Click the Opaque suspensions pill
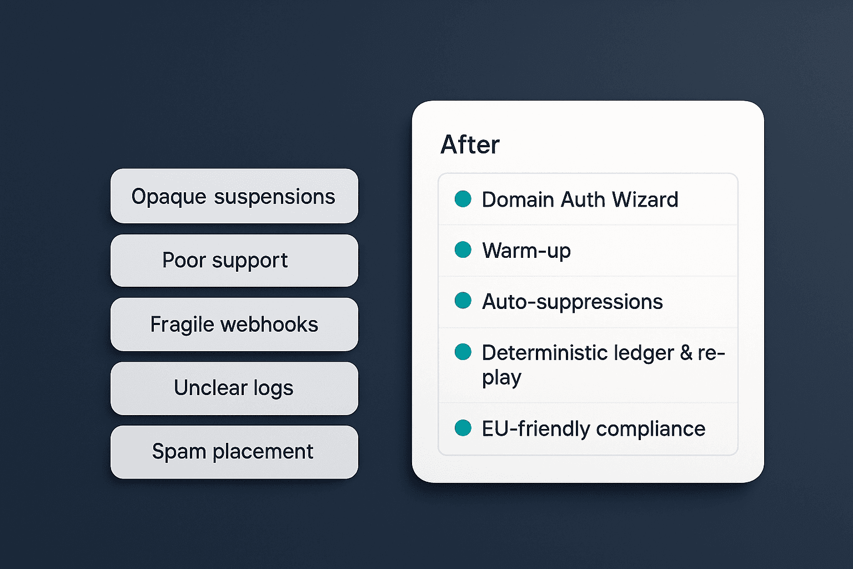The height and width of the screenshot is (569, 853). [234, 196]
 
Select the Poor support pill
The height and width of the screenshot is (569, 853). [234, 260]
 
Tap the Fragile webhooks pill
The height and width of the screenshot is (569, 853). [234, 325]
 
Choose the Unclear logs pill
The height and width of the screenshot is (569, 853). [234, 388]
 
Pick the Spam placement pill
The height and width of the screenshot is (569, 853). [234, 452]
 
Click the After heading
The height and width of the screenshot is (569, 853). [470, 145]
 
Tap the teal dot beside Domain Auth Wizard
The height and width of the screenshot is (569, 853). [463, 199]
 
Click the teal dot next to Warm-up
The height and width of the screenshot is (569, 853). [463, 249]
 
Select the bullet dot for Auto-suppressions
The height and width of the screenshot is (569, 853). [463, 300]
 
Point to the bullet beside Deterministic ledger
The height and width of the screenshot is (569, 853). [463, 351]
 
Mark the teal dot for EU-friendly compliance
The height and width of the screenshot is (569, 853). [463, 428]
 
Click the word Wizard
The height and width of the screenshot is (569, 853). [645, 199]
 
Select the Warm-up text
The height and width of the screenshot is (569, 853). [526, 251]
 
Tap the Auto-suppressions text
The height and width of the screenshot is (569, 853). [573, 302]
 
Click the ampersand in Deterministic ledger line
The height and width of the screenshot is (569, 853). [686, 352]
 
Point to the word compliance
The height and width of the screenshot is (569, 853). [651, 430]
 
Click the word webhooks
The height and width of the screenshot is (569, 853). [269, 325]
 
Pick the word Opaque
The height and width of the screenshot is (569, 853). [169, 197]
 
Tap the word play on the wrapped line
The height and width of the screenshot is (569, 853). [501, 378]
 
